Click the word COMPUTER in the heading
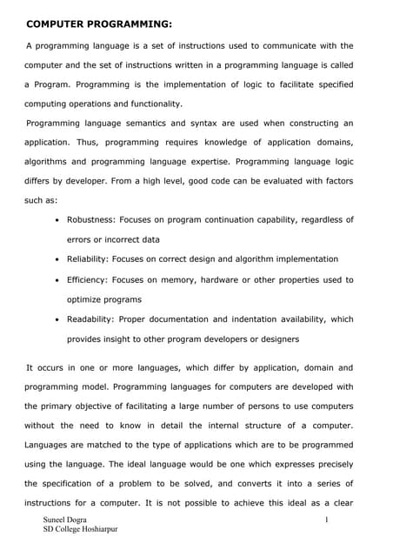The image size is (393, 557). click(55, 23)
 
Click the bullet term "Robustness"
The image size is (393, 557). click(93, 219)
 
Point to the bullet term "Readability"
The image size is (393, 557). click(94, 319)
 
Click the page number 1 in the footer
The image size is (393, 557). click(324, 520)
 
